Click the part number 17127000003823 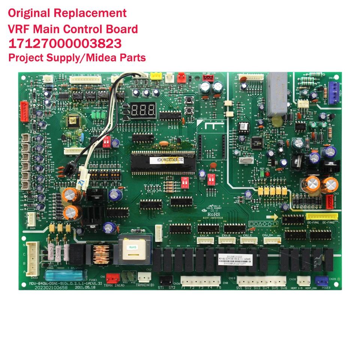pos(65,43)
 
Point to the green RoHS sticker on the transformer pos(132,247)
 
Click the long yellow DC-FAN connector pos(321,216)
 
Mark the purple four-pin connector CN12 pos(333,89)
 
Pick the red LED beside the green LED pos(267,174)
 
